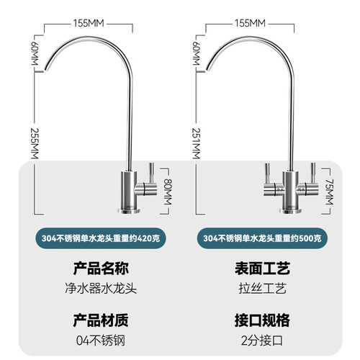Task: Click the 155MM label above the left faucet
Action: [x=89, y=24]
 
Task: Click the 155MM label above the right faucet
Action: [x=250, y=24]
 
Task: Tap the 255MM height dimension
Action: [x=35, y=143]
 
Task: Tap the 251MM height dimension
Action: [x=196, y=143]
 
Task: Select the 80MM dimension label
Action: [x=168, y=192]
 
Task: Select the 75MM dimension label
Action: [x=329, y=192]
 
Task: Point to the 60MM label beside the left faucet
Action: [x=35, y=53]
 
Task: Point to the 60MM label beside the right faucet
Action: [x=196, y=53]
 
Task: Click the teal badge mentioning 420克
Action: [x=101, y=238]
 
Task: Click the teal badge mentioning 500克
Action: [x=262, y=238]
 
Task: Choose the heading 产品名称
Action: [x=101, y=269]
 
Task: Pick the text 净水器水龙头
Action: [x=101, y=288]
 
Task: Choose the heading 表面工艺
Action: [x=262, y=269]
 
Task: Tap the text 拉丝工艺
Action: [x=262, y=288]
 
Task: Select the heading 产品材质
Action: [x=101, y=320]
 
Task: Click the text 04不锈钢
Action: [x=101, y=341]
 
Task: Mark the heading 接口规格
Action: [x=262, y=320]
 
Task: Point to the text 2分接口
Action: [x=262, y=341]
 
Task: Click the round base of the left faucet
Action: [x=129, y=211]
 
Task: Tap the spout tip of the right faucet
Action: [x=207, y=69]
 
